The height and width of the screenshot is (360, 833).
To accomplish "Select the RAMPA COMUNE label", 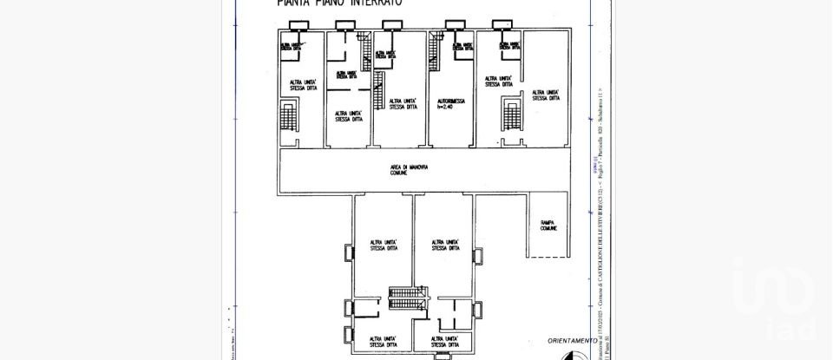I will click(x=548, y=226).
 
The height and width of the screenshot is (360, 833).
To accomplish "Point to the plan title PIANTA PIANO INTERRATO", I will click(x=339, y=3).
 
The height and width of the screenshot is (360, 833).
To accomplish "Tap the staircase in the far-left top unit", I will click(x=288, y=115).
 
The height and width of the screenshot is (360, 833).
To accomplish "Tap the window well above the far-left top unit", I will click(x=288, y=24).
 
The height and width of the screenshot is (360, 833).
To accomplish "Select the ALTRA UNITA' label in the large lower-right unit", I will click(x=443, y=245).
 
